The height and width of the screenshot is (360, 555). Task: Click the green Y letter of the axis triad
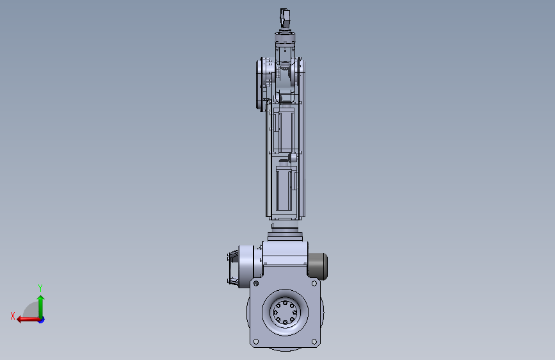40,288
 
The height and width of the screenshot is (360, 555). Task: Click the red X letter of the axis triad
13,316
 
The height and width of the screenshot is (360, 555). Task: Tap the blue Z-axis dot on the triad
42,320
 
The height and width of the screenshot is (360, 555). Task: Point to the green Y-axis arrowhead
41,299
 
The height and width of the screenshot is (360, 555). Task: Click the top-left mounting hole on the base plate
256,284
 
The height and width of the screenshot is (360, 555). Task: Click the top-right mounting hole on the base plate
314,284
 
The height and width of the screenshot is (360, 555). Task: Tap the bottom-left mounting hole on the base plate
256,341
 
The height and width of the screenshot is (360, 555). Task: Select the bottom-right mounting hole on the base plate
314,341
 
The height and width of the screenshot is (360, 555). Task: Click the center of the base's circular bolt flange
285,313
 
